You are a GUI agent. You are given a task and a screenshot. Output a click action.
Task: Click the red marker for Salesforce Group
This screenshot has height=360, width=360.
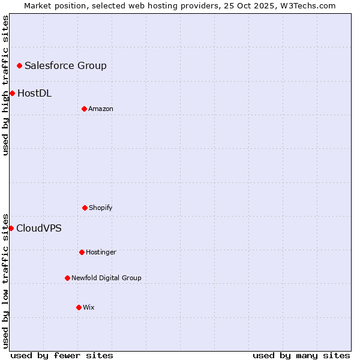coord(19,65)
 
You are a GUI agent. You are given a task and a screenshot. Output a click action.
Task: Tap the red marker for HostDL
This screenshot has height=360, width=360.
coord(12,93)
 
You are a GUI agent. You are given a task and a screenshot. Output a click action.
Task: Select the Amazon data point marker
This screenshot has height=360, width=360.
coord(84,109)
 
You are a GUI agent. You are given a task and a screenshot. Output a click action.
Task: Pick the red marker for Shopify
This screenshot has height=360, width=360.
coord(85,208)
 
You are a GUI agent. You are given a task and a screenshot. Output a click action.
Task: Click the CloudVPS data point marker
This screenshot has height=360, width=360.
coord(11,228)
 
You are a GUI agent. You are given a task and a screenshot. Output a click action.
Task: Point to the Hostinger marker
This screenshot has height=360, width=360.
coord(82,252)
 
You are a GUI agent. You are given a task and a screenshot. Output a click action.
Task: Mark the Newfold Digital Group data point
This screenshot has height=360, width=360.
coord(67,278)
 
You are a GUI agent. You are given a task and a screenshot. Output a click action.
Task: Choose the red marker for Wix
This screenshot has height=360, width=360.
coord(79,307)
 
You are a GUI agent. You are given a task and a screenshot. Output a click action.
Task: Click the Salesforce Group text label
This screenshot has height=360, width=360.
coord(65,65)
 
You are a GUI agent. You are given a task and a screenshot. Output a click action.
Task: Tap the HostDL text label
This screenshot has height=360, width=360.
coord(34,93)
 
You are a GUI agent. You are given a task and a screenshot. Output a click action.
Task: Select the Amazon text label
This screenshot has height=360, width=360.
coord(101,109)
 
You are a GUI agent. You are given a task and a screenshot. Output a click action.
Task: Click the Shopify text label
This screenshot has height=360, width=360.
coord(101,208)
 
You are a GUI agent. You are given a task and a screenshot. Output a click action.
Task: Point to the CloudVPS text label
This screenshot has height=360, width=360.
coord(38,228)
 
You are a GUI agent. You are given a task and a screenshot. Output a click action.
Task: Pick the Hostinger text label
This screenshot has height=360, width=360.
coord(101,252)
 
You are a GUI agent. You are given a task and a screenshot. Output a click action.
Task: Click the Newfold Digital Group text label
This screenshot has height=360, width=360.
coord(106,278)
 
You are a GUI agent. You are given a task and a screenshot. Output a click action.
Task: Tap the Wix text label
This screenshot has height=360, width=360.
coord(89,307)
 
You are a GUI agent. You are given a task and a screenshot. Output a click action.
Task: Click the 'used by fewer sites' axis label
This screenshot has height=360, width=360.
coord(62,355)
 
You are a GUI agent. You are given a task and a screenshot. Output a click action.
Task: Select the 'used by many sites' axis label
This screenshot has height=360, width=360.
coord(301,355)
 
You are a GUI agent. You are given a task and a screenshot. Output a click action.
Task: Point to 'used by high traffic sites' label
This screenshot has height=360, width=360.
coord(5,85)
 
